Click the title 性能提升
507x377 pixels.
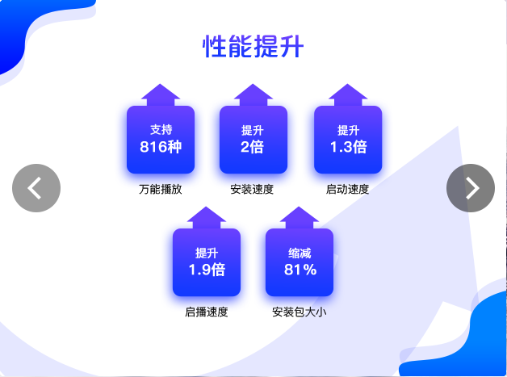(x=253, y=46)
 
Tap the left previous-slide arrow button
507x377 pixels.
(x=36, y=188)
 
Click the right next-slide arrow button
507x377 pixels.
(x=471, y=188)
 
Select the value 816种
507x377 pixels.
(x=161, y=147)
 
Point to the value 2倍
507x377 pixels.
(x=252, y=147)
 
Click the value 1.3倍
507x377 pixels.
(x=348, y=147)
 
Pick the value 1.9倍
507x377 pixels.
(x=207, y=270)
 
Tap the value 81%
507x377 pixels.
(x=300, y=270)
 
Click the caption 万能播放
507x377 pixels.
(x=161, y=189)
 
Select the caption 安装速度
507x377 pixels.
(x=252, y=189)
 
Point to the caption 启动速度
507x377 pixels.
(x=347, y=189)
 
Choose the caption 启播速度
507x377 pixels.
(x=207, y=312)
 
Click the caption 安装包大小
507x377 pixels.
(x=299, y=312)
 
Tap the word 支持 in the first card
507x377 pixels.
(x=161, y=130)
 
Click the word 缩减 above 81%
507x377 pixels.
(x=300, y=253)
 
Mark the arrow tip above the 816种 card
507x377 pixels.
(x=161, y=84)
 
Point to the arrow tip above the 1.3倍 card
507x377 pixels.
(x=348, y=84)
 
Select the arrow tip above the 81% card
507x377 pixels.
(x=299, y=207)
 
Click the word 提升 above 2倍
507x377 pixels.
(x=252, y=130)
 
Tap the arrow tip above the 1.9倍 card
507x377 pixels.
(x=207, y=207)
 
